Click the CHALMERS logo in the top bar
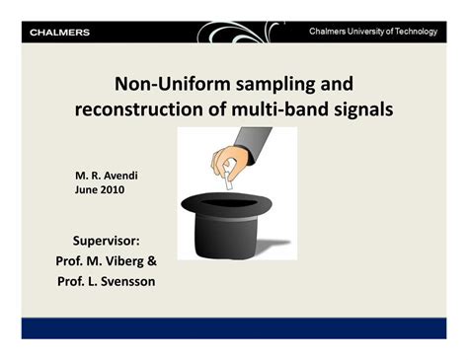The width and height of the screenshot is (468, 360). tap(60, 33)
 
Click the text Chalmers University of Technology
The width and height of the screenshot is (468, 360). tap(372, 32)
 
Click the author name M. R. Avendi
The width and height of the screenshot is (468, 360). tap(107, 175)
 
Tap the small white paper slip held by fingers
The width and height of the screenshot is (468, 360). tap(234, 181)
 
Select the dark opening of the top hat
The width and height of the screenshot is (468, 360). tap(237, 201)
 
